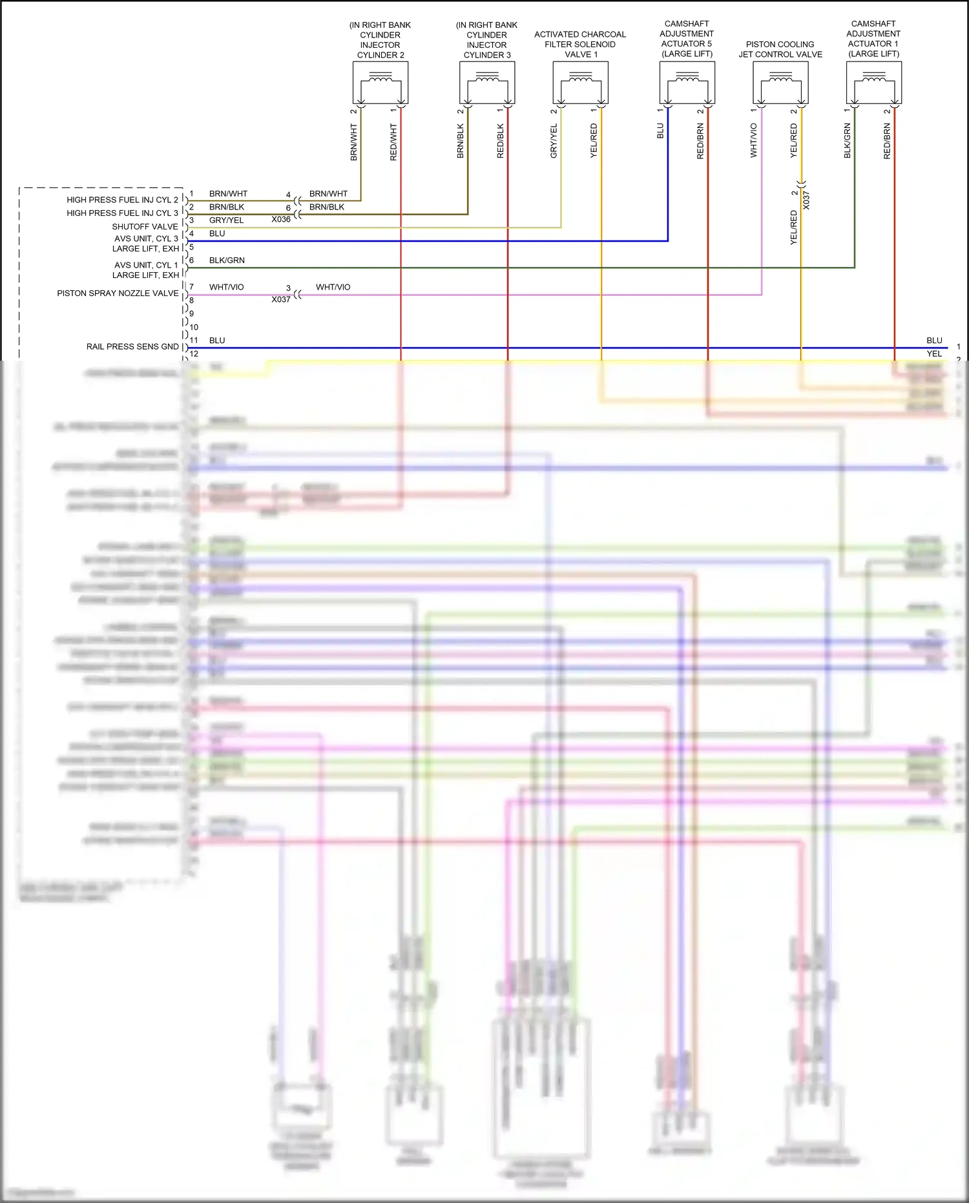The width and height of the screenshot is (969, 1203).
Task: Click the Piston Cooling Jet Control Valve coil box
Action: [780, 83]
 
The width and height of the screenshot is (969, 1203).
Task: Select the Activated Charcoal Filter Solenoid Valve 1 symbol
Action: [580, 83]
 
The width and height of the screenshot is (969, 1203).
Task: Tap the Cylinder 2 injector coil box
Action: [380, 83]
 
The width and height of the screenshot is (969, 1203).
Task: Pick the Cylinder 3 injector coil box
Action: [487, 83]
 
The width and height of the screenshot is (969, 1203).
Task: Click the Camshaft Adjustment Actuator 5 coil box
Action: [687, 83]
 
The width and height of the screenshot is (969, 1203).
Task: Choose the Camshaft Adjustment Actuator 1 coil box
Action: [873, 83]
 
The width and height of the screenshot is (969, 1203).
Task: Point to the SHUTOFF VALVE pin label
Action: [145, 227]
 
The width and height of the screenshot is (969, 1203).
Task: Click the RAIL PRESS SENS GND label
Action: [132, 346]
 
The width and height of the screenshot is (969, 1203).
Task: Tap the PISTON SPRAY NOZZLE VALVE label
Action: [118, 293]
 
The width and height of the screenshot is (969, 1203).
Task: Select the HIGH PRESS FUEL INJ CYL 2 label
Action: [122, 200]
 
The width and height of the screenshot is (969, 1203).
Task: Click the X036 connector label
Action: [281, 220]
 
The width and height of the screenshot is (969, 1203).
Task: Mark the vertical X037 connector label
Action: [806, 200]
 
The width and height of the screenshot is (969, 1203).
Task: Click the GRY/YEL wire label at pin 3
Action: [226, 220]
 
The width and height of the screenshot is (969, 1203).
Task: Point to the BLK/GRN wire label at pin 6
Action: [227, 261]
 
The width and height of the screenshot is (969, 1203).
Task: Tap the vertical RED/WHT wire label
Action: [393, 142]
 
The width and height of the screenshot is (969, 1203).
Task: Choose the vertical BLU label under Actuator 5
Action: [660, 131]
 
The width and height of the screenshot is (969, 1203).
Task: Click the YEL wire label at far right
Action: [934, 354]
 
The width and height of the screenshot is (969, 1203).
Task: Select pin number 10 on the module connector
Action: [194, 327]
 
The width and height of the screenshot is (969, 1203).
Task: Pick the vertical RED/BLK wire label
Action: [500, 142]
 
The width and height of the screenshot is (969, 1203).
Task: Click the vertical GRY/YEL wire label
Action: [554, 142]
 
